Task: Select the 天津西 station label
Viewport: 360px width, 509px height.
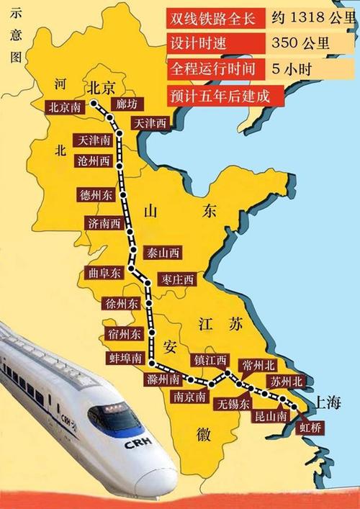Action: coord(149,124)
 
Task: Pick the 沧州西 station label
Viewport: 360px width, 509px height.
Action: coord(94,161)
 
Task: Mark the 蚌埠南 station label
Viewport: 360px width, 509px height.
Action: coord(125,358)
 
